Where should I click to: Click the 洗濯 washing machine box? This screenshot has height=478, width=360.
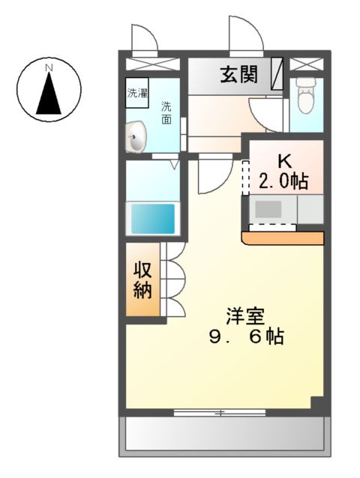(x=137, y=95)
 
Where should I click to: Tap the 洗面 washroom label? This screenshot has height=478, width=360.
(x=166, y=112)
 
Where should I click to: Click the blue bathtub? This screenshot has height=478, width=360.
(x=154, y=218)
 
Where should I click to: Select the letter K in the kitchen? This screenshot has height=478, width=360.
(x=284, y=162)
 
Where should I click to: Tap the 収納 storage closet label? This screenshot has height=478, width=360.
(x=142, y=280)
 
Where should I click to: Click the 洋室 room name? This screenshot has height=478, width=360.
(x=246, y=316)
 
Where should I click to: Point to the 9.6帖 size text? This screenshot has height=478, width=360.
(x=246, y=337)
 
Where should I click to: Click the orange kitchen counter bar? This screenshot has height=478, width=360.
(x=283, y=239)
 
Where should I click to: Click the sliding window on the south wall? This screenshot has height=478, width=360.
(x=219, y=411)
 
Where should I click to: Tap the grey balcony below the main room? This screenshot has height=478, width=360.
(x=224, y=435)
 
